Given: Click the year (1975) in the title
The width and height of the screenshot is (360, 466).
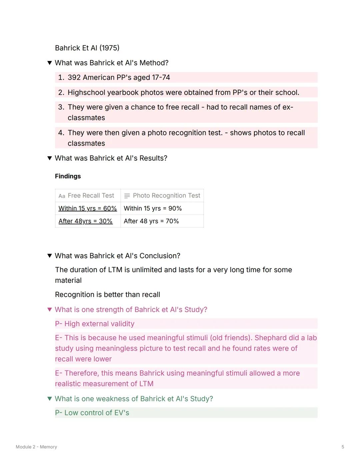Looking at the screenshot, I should tap(109, 48).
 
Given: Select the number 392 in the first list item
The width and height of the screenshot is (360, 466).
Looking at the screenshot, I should tap(74, 77).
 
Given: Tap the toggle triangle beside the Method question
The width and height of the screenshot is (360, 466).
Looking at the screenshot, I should tap(50, 63).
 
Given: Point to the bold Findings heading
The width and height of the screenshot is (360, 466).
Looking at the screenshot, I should tap(68, 176).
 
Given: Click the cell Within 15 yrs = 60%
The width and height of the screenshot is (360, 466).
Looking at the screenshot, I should tap(88, 208).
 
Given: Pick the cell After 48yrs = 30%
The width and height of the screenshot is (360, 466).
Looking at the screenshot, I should tap(85, 221).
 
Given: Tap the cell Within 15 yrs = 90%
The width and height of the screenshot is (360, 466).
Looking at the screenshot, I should tap(153, 208).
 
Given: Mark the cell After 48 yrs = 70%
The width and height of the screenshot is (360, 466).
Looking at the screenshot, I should tap(151, 221).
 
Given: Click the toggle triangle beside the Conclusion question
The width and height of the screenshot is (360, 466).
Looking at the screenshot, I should tap(50, 256).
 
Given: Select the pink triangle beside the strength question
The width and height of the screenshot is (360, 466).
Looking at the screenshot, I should tap(50, 310).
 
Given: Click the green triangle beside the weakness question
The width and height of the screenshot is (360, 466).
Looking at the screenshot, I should tap(50, 399).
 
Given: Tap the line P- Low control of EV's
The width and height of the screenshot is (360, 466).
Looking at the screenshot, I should tap(92, 413).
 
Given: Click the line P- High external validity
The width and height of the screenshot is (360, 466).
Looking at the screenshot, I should tap(95, 324).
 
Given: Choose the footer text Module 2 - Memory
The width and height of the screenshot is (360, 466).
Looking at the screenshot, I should tap(36, 447).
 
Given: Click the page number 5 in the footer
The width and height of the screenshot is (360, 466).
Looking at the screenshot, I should tap(343, 447).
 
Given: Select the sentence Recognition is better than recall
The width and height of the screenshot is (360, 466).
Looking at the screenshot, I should tap(107, 295).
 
